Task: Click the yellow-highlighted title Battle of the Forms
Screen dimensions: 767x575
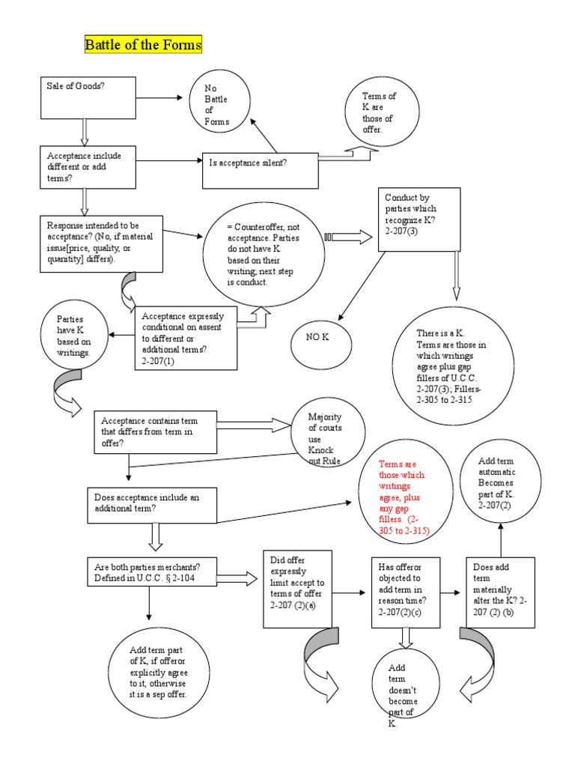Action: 143,45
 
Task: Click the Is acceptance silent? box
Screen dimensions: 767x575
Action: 261,171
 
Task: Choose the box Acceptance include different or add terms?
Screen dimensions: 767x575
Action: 88,166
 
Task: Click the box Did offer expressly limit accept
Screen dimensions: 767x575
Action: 296,589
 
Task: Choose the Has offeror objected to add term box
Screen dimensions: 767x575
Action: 405,590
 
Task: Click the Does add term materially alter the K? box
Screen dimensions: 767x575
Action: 499,592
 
